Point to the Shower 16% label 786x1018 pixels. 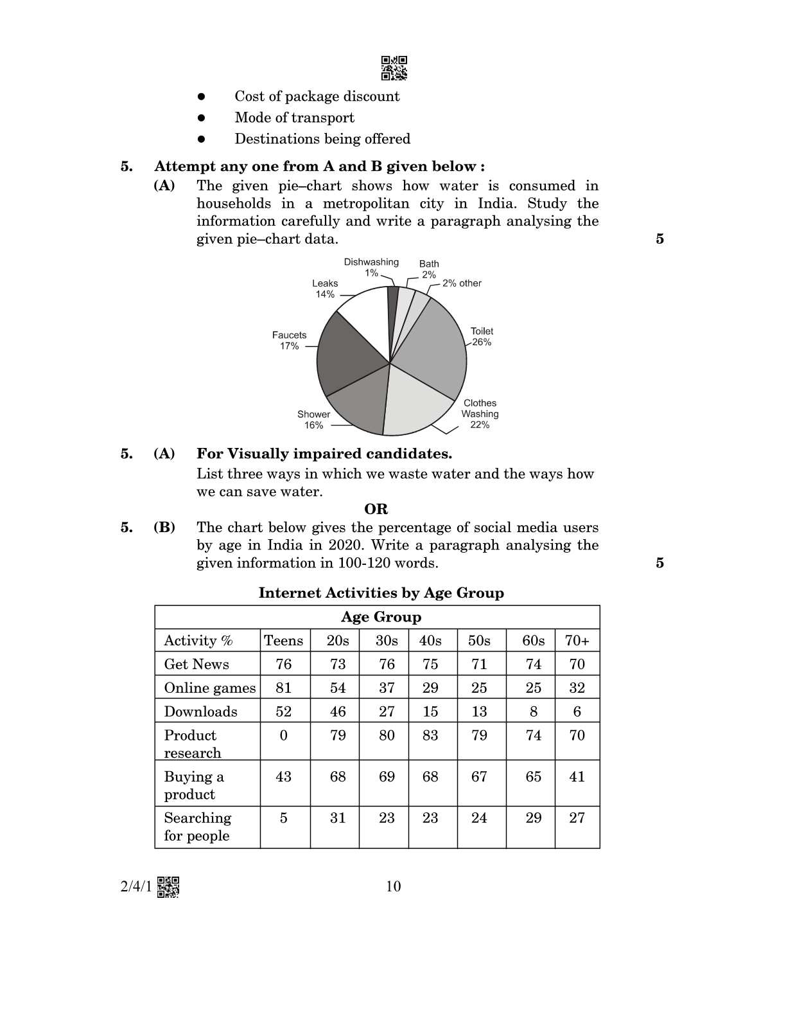click(x=313, y=420)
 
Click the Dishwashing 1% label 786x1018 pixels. click(x=371, y=267)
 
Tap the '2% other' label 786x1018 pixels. click(x=461, y=283)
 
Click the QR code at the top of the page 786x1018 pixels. click(x=394, y=68)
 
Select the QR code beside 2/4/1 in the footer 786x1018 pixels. click(x=168, y=887)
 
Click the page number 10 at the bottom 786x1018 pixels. click(x=393, y=887)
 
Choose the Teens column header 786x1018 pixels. click(x=283, y=641)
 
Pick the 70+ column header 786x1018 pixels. click(x=577, y=641)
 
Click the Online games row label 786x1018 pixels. click(x=209, y=688)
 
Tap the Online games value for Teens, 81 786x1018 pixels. click(x=283, y=688)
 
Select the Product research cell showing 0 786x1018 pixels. click(x=283, y=735)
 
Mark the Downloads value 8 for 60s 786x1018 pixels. click(x=533, y=711)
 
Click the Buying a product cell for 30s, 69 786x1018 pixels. click(x=387, y=776)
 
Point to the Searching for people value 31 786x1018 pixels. click(x=338, y=817)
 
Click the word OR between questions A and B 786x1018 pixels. click(x=376, y=510)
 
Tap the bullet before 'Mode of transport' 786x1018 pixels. click(x=201, y=118)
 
